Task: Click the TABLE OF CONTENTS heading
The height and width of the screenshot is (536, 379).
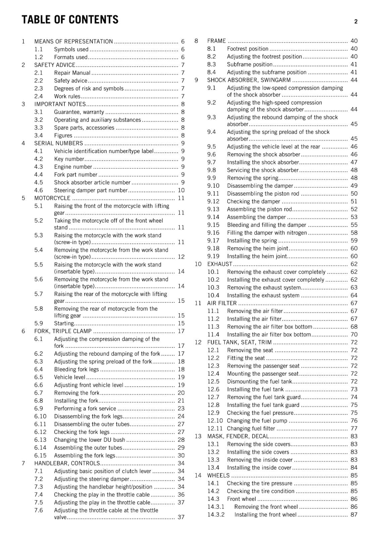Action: (70, 20)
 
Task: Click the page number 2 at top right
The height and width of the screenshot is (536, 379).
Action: (356, 21)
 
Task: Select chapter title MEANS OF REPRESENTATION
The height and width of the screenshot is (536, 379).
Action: (73, 42)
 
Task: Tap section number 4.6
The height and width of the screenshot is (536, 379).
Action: (39, 190)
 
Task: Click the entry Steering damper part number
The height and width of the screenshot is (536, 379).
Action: (91, 190)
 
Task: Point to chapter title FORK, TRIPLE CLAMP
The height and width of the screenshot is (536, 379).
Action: (63, 331)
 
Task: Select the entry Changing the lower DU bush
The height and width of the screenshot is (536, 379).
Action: (90, 440)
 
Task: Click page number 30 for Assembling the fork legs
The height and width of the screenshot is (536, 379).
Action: (181, 456)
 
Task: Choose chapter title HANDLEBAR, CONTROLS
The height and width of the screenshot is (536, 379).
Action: (67, 463)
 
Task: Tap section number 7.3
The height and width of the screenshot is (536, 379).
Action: (39, 487)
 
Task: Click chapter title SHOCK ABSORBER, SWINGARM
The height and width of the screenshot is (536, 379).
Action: (249, 80)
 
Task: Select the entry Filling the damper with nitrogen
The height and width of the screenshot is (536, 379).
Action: (267, 233)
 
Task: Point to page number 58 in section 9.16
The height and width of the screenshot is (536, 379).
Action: (354, 233)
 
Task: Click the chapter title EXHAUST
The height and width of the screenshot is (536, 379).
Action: (220, 264)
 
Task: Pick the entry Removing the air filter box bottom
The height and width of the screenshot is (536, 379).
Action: (270, 327)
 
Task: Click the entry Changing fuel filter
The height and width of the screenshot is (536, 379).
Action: (251, 428)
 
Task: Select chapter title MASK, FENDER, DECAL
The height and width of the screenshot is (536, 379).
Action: (238, 436)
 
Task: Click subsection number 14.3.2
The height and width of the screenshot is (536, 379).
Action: (216, 515)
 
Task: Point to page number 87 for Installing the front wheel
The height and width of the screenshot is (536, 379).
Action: (354, 515)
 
